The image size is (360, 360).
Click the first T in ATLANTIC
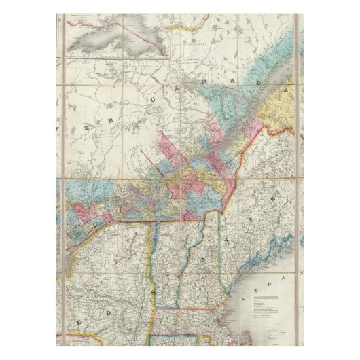[x=270, y=282]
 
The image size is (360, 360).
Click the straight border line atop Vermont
[x=173, y=221]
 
